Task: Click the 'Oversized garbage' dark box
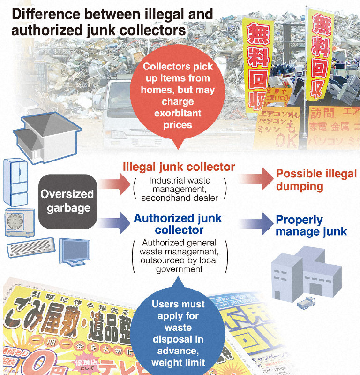[67, 200]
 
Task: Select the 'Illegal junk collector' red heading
[179, 167]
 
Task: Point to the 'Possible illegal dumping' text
[316, 180]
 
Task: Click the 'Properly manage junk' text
[311, 225]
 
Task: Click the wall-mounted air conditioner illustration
[32, 246]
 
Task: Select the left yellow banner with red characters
[257, 66]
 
